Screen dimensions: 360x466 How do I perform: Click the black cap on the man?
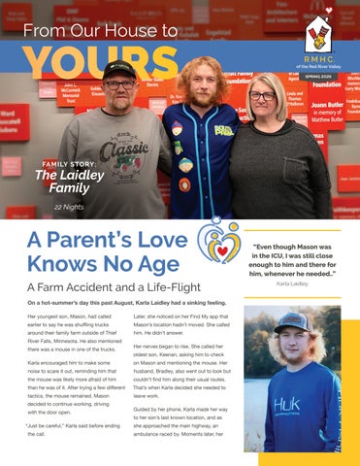[x=119, y=69]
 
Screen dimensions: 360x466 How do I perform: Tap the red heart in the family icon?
[x=222, y=250]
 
